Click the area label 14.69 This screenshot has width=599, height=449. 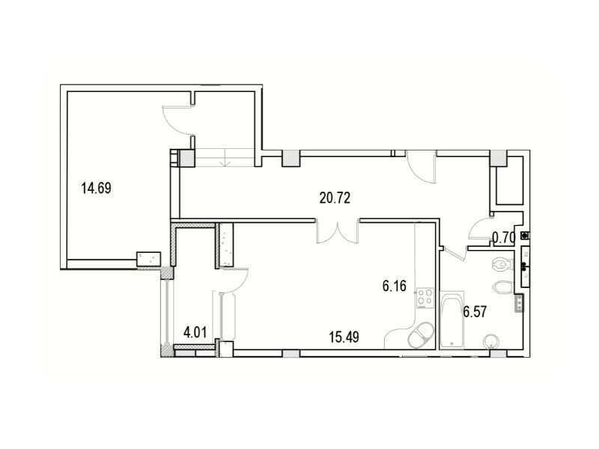pos(97,189)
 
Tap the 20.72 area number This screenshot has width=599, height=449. pos(335,198)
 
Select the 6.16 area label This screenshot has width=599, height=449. pos(395,286)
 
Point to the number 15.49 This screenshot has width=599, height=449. pos(344,337)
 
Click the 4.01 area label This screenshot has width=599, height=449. pos(195,332)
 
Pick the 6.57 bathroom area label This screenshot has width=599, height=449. pos(475,312)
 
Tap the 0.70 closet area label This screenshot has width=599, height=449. pos(503,238)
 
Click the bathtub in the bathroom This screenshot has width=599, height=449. pos(452,320)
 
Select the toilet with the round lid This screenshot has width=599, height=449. pos(504,263)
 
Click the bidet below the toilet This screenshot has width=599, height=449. pos(503,287)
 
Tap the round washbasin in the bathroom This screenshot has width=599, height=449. pos(491,341)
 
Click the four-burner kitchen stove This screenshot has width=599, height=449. pos(425,298)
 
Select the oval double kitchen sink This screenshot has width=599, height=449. pos(421,335)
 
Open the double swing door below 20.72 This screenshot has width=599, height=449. pos(338,231)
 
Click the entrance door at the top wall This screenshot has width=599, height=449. pos(422,167)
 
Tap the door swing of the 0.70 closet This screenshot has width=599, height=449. pos(480,228)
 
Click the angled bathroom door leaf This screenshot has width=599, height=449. pos(454,253)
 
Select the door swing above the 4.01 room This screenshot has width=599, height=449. pos(235,281)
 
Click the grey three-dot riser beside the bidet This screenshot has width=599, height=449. pos(519,304)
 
